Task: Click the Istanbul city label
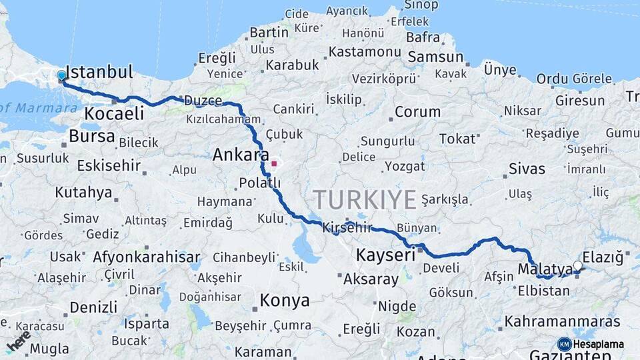pos(101,72)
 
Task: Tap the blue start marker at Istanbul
pos(61,76)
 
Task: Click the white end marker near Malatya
pos(577,266)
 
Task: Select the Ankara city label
pos(236,155)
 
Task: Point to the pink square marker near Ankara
pos(274,163)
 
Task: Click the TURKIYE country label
pos(365,199)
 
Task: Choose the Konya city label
pos(285,300)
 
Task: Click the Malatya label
pos(545,269)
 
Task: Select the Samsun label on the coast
pos(435,57)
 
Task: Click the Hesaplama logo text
pos(599,344)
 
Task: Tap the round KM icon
pos(565,344)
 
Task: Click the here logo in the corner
pos(18,342)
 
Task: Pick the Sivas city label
pos(527,169)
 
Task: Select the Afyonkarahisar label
pos(146,257)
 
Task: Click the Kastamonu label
pos(365,51)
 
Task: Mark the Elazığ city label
pos(603,256)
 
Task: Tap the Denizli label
pos(93,307)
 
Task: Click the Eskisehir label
pos(108,165)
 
